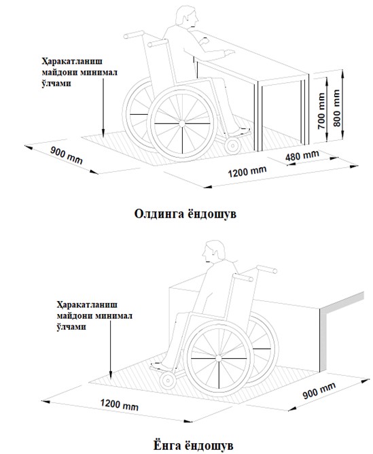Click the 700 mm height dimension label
click(321, 111)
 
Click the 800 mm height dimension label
click(336, 107)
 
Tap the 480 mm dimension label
click(302, 156)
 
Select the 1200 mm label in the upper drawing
click(247, 172)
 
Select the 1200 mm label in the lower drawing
click(119, 404)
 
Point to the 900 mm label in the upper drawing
click(67, 156)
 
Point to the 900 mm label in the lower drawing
click(319, 390)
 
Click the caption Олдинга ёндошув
click(185, 214)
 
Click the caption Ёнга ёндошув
click(193, 445)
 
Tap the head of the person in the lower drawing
click(213, 251)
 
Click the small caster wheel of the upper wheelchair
click(232, 145)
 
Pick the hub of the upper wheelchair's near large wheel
click(181, 124)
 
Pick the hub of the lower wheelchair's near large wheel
click(219, 359)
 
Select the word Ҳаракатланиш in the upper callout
click(72, 62)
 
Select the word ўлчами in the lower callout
click(71, 327)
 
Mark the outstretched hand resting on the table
click(228, 52)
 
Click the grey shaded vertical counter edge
click(323, 340)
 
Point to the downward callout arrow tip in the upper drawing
click(103, 135)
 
